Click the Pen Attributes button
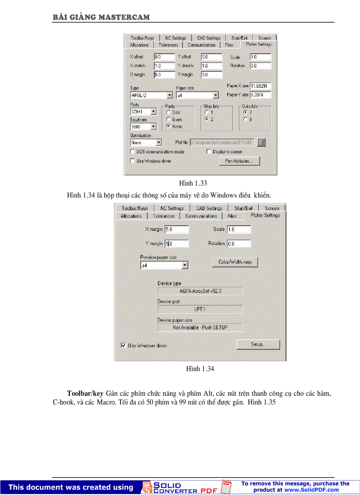239,161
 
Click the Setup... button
258,344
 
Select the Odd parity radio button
169,112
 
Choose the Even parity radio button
169,119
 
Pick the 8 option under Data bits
245,119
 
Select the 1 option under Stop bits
206,112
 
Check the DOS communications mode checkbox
133,152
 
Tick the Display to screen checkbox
209,152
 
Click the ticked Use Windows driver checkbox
124,346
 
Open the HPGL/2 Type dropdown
169,95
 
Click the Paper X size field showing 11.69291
260,86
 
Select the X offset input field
164,57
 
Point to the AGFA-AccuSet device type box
200,291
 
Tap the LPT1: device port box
200,309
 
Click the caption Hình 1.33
193,183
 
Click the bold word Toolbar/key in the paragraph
85,393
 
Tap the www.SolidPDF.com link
311,490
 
